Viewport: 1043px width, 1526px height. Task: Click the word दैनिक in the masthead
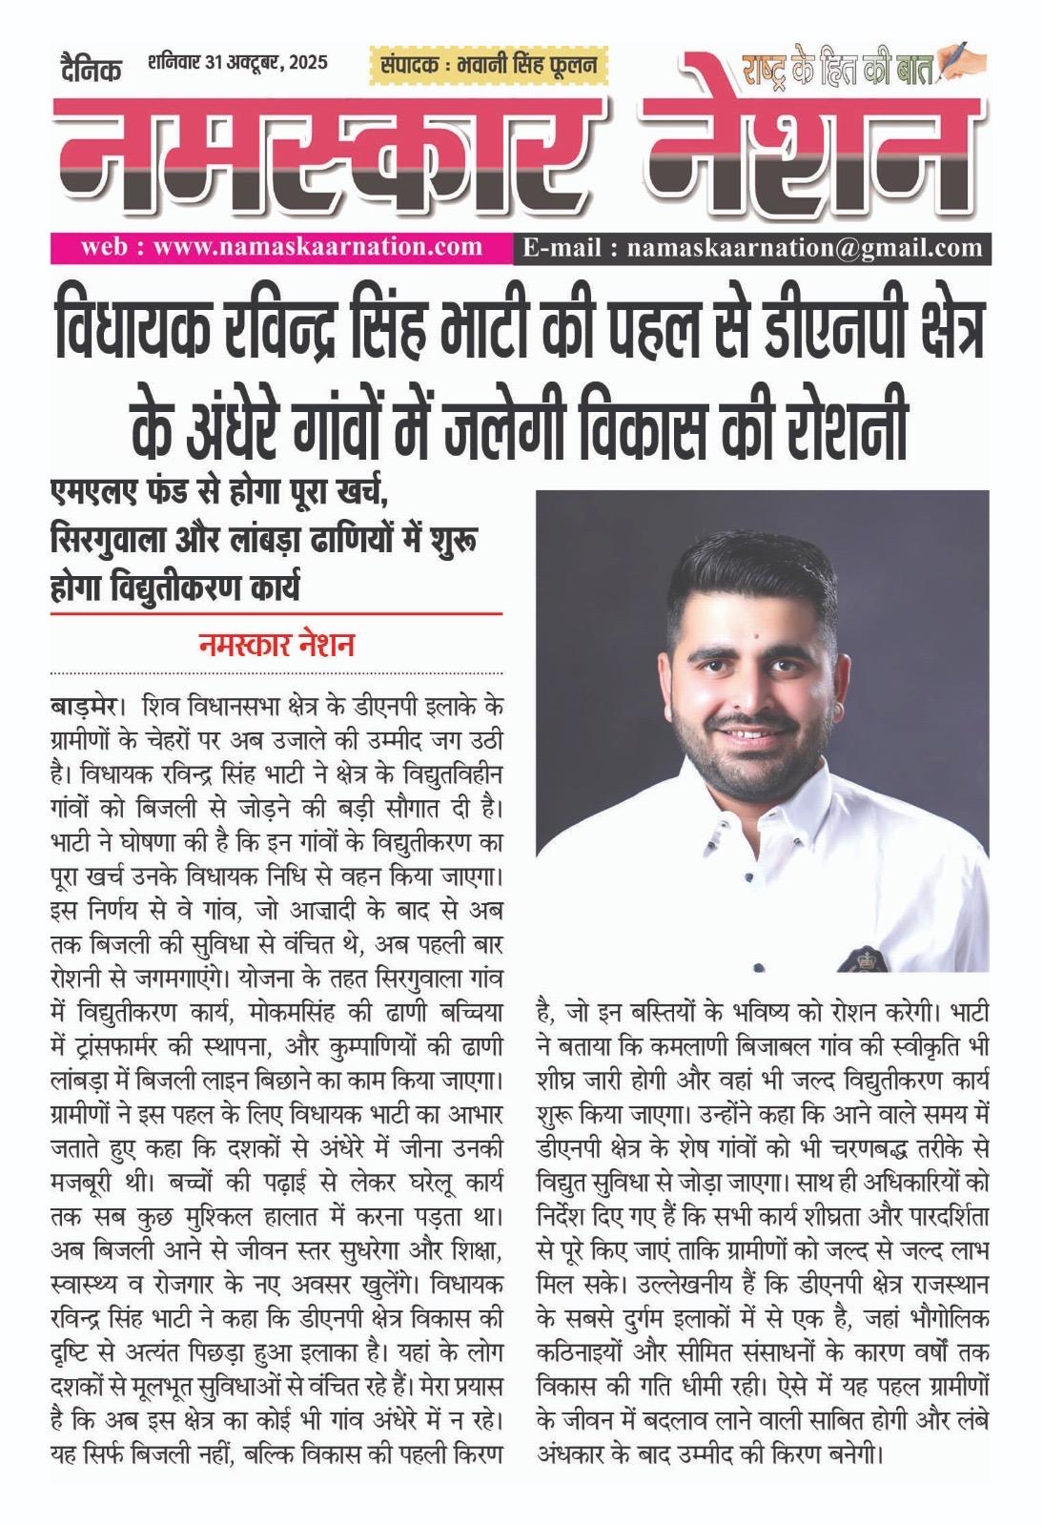(x=86, y=69)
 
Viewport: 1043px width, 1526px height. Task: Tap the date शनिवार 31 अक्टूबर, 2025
(x=237, y=64)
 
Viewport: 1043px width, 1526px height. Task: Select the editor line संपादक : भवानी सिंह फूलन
(x=487, y=66)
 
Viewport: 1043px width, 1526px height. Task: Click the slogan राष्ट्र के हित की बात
(x=839, y=70)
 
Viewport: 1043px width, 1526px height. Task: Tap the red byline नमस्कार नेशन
(x=276, y=646)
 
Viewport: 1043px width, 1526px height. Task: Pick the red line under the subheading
(x=276, y=614)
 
